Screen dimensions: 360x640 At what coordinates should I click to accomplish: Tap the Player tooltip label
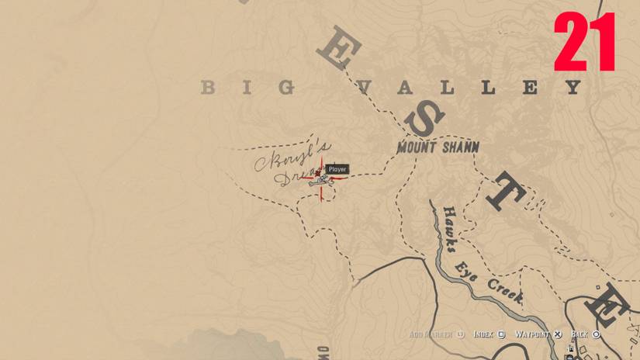pyautogui.click(x=337, y=169)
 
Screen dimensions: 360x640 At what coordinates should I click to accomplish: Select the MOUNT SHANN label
pyautogui.click(x=438, y=147)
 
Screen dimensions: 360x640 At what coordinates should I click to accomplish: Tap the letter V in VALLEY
pyautogui.click(x=362, y=88)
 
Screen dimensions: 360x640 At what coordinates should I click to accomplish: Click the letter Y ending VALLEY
pyautogui.click(x=573, y=87)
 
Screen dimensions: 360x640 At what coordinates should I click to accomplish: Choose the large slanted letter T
pyautogui.click(x=505, y=192)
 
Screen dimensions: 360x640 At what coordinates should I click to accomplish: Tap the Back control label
pyautogui.click(x=579, y=334)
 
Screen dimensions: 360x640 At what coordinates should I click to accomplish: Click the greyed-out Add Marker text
pyautogui.click(x=431, y=334)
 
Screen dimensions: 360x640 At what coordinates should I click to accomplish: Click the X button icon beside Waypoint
pyautogui.click(x=558, y=334)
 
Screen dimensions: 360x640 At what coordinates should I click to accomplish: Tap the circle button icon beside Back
pyautogui.click(x=596, y=334)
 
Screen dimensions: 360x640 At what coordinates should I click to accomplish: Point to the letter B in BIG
pyautogui.click(x=207, y=88)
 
